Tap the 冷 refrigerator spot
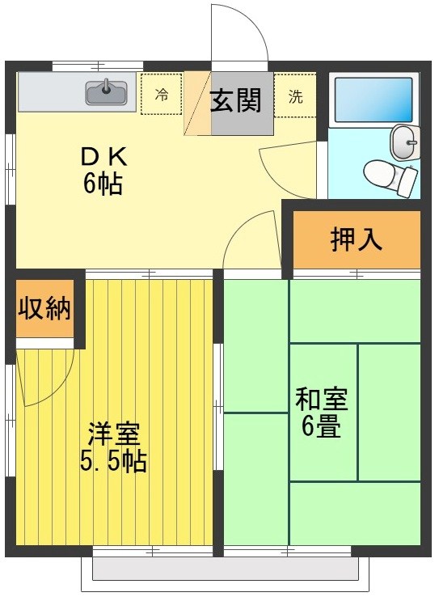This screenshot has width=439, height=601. pos(162,95)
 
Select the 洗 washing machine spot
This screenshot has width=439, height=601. pos(296,96)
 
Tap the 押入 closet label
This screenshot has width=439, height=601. pos(356,239)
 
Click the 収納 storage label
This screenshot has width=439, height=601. pos(44,308)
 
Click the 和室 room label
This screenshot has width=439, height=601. pos(321,399)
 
